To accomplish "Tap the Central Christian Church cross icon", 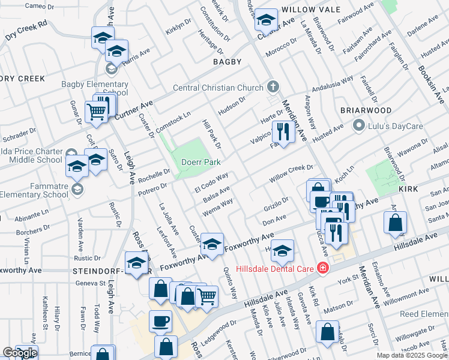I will coord(273,87).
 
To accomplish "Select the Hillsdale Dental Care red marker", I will coord(323,268).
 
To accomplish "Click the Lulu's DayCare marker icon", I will coord(358,125).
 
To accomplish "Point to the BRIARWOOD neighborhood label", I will coord(366,111).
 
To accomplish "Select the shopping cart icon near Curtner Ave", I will coord(97,112).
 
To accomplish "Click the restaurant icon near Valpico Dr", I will coord(282,131).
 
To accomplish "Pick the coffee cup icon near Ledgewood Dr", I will coord(160,321).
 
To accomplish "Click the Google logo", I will coord(20,353).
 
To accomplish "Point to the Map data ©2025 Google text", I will coord(412,355).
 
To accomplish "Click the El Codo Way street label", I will coord(211,183).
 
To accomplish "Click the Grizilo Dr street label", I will coord(276,205).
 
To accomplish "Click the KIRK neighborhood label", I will coord(408,188).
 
